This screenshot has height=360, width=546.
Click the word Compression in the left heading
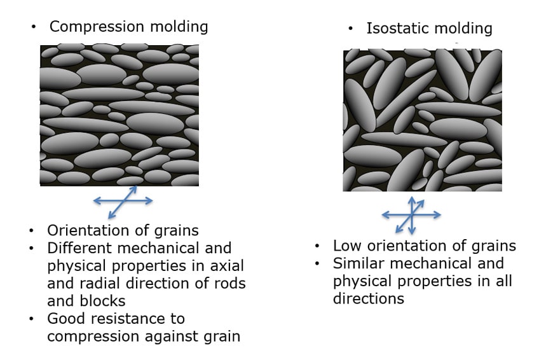(97, 27)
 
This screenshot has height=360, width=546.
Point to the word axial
(227, 266)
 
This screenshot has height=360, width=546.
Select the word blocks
(102, 301)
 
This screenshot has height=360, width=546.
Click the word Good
(64, 319)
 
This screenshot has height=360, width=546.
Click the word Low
(348, 246)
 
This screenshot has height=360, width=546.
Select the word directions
(369, 299)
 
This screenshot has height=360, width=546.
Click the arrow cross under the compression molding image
(123, 201)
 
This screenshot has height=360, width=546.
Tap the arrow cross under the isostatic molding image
(412, 215)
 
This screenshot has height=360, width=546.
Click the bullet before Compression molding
(34, 27)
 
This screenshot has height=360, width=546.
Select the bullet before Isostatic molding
(351, 29)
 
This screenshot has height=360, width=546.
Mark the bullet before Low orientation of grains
(317, 246)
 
